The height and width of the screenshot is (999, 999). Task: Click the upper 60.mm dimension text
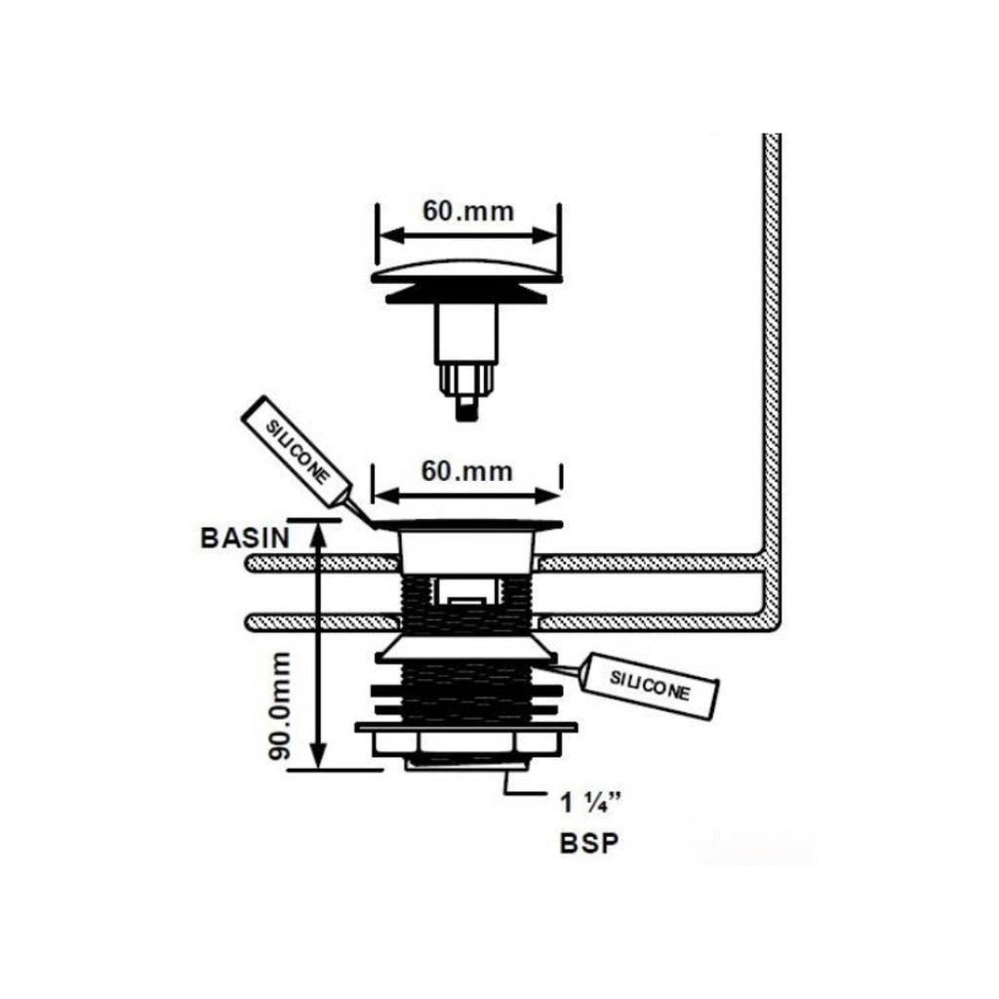click(x=468, y=211)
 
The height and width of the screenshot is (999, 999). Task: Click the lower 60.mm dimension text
click(x=467, y=471)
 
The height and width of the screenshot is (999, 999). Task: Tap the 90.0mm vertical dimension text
click(x=279, y=706)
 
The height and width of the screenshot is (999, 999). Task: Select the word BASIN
click(x=245, y=539)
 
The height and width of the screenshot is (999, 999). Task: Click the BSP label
click(x=589, y=844)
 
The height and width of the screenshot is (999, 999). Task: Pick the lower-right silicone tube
click(x=649, y=686)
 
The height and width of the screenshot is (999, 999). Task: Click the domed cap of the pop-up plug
click(x=467, y=271)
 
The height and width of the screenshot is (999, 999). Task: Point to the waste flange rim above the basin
click(x=467, y=525)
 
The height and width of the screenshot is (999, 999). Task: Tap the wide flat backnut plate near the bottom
click(x=466, y=727)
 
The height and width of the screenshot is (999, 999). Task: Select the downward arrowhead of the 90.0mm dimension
click(x=319, y=758)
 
